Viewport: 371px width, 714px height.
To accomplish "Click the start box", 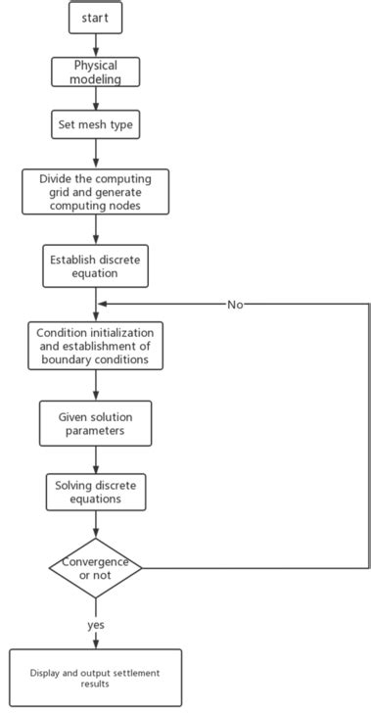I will pyautogui.click(x=95, y=17).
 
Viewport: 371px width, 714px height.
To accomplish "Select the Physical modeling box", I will pyautogui.click(x=95, y=71).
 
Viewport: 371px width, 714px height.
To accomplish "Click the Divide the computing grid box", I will pyautogui.click(x=95, y=193).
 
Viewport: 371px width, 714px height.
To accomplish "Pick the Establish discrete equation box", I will pyautogui.click(x=95, y=266).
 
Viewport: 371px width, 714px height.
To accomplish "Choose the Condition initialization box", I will pyautogui.click(x=95, y=345).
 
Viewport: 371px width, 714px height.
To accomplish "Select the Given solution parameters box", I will pyautogui.click(x=95, y=423).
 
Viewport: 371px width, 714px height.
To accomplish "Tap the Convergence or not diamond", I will pyautogui.click(x=95, y=568).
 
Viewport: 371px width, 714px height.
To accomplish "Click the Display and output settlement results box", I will pyautogui.click(x=95, y=678).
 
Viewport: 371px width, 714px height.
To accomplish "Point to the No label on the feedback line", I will pyautogui.click(x=235, y=305).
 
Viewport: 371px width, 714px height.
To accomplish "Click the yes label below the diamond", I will pyautogui.click(x=95, y=624).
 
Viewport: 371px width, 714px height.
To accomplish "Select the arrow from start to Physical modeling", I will pyautogui.click(x=95, y=44).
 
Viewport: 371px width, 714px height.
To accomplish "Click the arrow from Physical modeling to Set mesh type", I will pyautogui.click(x=95, y=98).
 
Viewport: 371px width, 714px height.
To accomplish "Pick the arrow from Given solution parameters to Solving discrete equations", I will pyautogui.click(x=95, y=461).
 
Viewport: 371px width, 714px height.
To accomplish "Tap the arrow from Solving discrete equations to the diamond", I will pyautogui.click(x=95, y=525).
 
